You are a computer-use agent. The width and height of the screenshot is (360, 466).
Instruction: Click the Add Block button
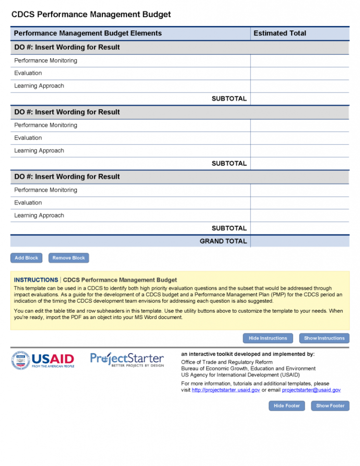(26, 258)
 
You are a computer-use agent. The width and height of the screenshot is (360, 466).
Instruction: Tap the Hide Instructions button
(268, 338)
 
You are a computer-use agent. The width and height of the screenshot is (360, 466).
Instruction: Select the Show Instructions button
(324, 338)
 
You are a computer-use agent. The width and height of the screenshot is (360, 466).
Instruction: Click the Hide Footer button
(286, 406)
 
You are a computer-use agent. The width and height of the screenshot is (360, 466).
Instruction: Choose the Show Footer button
(330, 406)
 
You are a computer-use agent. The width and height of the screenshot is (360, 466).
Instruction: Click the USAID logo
(43, 360)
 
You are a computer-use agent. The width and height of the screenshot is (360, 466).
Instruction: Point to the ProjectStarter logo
(127, 359)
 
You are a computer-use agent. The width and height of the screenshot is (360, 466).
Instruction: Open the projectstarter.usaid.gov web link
(226, 390)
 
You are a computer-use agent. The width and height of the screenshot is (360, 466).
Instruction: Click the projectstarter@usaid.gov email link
(311, 390)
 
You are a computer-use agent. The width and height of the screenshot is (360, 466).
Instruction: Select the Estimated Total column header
(280, 33)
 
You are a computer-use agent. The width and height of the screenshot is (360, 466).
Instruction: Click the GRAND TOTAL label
(223, 241)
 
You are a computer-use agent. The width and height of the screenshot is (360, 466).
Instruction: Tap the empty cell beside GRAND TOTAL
(299, 241)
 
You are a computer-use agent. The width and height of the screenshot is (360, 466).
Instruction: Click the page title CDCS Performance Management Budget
(91, 14)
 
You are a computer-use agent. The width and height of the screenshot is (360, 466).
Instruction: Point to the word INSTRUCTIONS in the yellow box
(36, 280)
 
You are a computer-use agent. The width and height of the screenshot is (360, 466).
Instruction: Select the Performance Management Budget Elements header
(88, 33)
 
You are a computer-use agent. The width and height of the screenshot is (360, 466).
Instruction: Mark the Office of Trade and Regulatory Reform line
(227, 362)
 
